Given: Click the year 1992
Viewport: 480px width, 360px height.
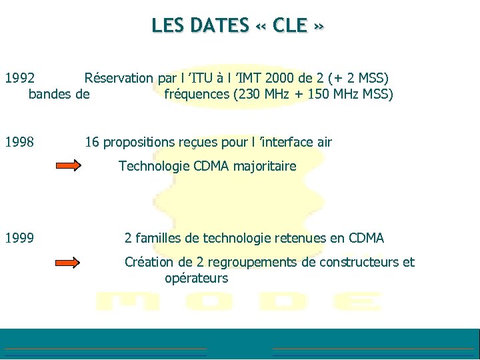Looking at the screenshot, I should point(20,78).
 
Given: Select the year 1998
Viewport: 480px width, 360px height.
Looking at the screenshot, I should point(20,142).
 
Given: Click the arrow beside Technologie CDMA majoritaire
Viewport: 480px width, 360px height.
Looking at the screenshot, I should point(67,167).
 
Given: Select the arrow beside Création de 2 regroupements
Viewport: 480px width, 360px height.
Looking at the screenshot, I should point(67,263).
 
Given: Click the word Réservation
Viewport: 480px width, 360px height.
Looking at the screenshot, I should point(119,78).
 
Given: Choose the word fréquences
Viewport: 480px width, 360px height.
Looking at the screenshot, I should point(196,94).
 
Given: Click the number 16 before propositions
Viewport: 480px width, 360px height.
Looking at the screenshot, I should point(92,142).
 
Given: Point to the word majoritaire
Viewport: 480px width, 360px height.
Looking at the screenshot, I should point(263,166).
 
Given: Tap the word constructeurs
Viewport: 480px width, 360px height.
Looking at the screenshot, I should point(360,262).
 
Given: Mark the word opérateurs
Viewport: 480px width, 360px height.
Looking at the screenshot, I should point(196,278).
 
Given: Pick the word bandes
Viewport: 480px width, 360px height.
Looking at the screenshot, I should point(51,94).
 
